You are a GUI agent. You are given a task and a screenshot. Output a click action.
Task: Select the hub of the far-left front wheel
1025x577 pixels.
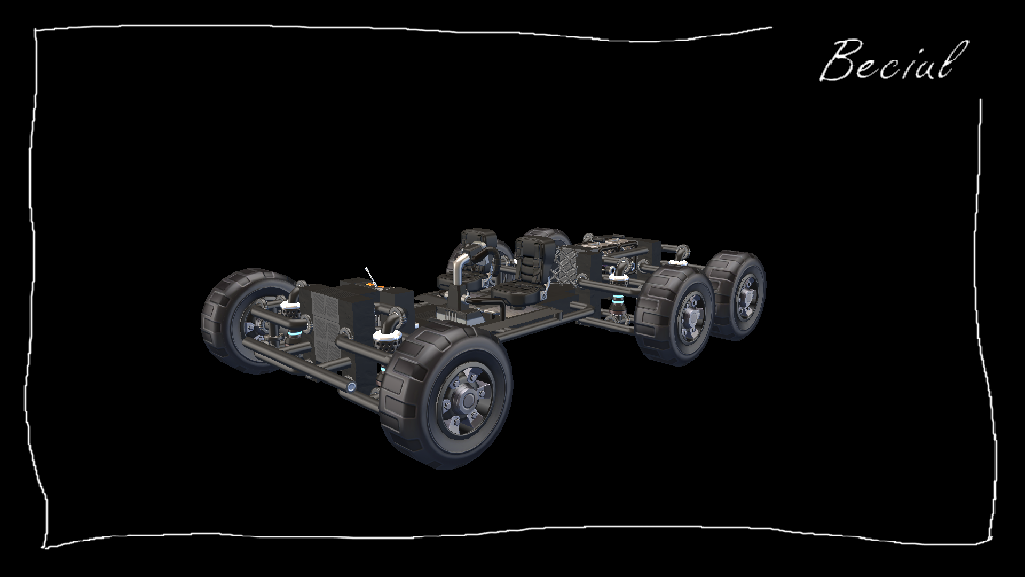[251, 324]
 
